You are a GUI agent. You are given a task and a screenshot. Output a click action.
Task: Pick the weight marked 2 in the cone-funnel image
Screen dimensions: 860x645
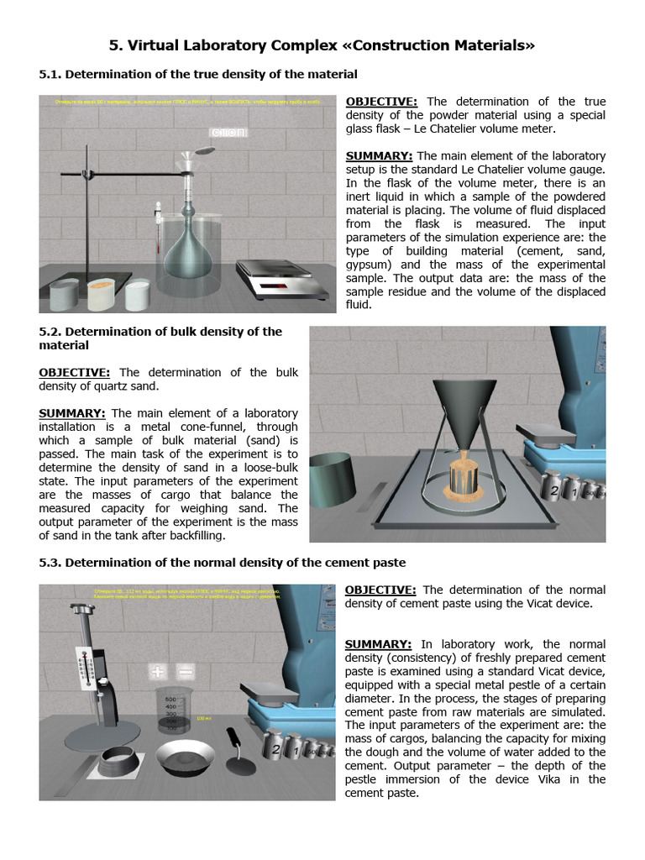point(553,490)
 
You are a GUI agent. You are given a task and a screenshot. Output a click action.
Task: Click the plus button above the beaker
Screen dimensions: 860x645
point(158,672)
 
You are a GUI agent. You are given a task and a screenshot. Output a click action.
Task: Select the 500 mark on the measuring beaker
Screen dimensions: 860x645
point(170,699)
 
